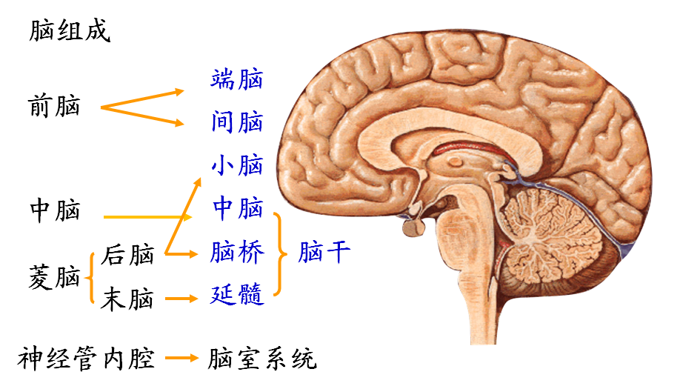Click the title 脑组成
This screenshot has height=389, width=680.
click(70, 31)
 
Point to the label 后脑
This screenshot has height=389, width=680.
click(128, 256)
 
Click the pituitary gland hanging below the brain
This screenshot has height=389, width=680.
click(412, 226)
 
